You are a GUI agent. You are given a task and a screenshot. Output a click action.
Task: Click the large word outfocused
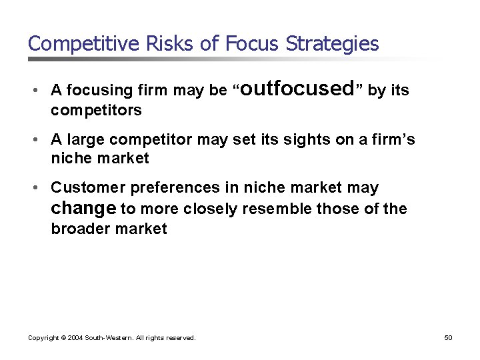click(x=297, y=88)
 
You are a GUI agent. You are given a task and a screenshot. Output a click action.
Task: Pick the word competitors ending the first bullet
click(x=96, y=110)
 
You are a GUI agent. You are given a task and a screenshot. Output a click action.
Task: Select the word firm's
click(x=393, y=139)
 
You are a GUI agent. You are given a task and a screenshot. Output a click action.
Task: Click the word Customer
click(x=83, y=188)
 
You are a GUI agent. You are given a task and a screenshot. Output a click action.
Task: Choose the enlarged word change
click(x=83, y=208)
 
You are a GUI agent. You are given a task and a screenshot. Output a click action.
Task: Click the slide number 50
click(x=448, y=338)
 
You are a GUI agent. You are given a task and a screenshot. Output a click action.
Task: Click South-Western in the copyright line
click(x=108, y=338)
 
